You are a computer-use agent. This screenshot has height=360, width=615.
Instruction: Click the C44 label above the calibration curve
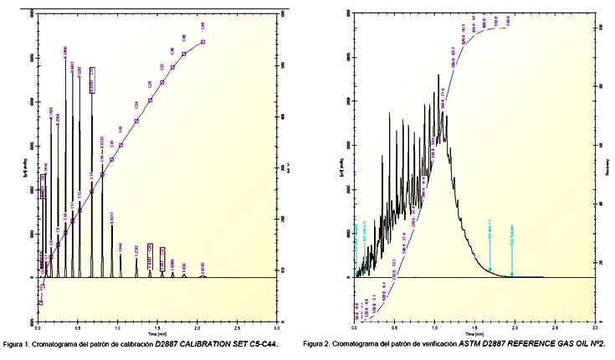202,27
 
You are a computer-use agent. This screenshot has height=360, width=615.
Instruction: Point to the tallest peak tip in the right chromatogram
438,75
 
